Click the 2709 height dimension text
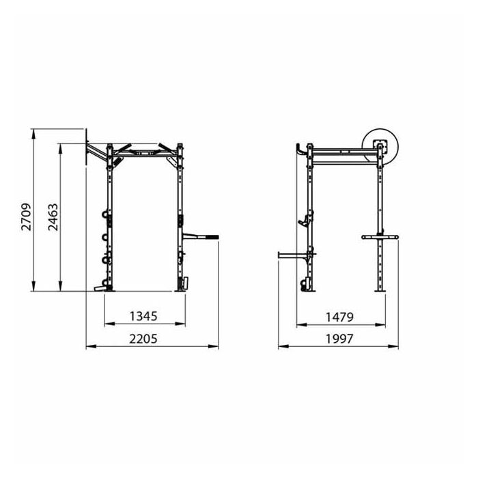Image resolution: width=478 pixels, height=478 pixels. (27, 217)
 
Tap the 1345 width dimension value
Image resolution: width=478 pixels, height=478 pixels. (143, 315)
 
